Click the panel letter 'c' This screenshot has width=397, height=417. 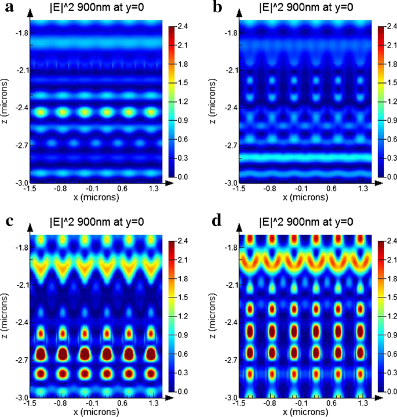tap(6, 223)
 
